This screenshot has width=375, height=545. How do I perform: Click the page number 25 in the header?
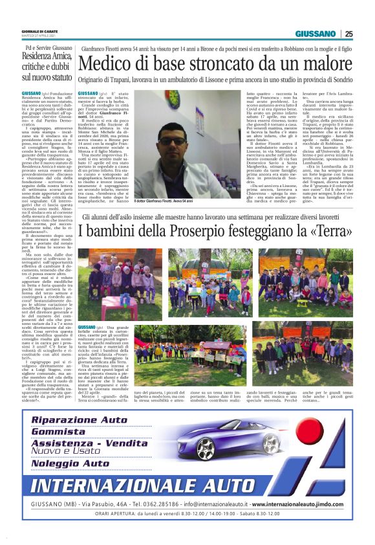click(x=348, y=34)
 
